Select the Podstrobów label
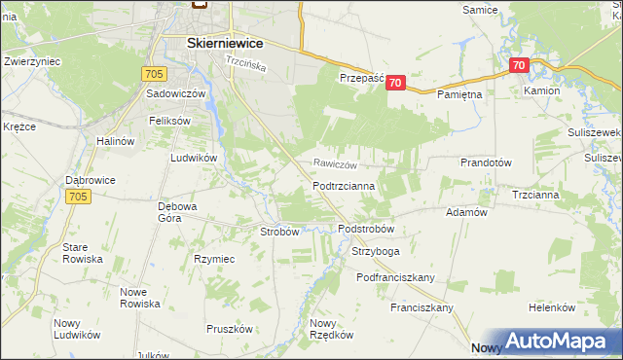tap(365, 229)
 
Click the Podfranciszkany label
tap(395, 277)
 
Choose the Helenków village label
tap(552, 307)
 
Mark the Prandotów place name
tap(486, 162)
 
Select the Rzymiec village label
tap(214, 259)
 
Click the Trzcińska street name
tap(245, 61)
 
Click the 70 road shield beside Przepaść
tap(394, 84)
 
